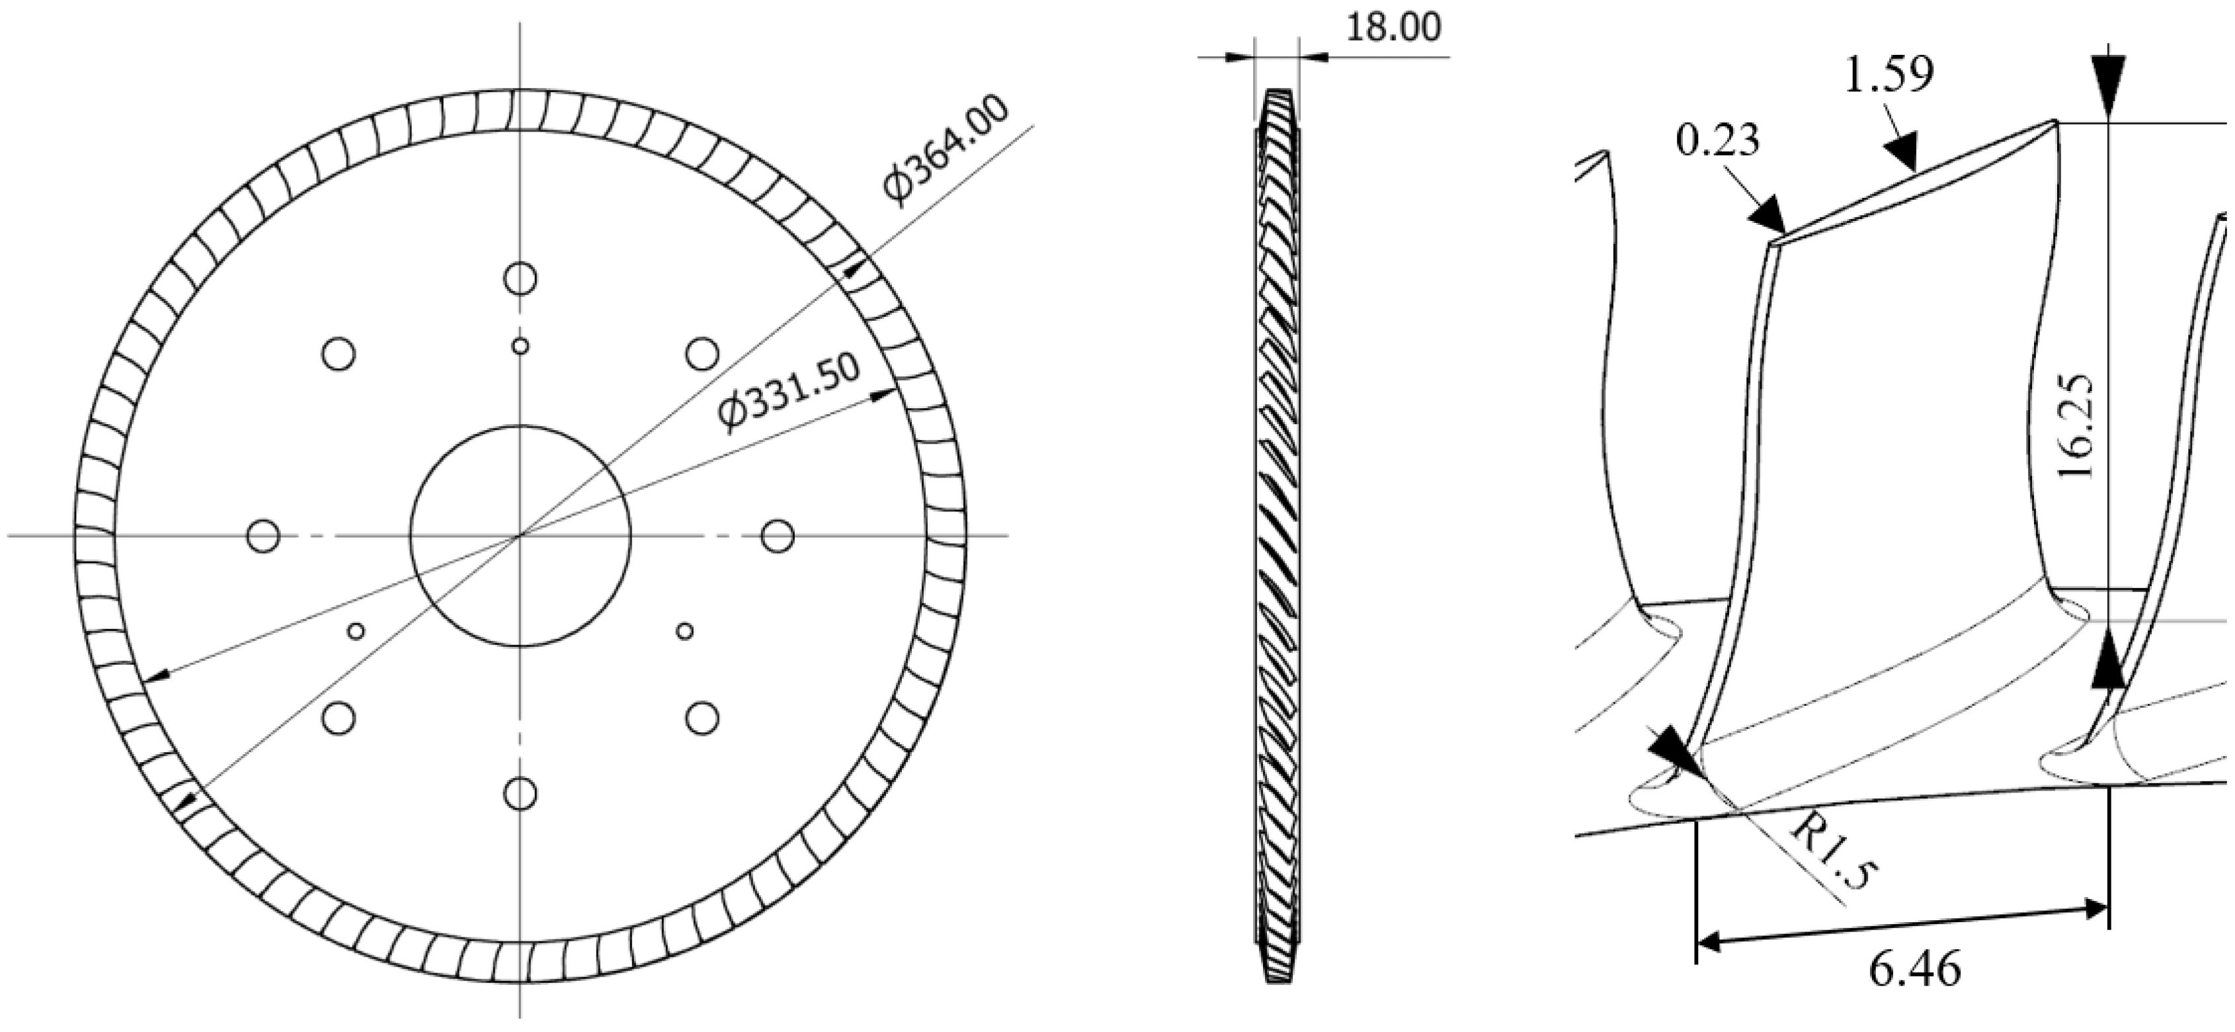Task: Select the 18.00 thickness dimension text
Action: tap(1393, 28)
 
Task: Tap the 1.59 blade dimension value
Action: tap(1888, 76)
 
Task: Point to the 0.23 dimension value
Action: tap(1717, 140)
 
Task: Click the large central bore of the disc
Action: tap(520, 536)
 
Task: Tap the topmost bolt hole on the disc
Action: tap(520, 279)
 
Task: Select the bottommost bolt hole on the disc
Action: tap(520, 793)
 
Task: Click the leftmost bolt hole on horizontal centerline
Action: tap(263, 536)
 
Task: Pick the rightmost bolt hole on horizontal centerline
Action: tap(778, 536)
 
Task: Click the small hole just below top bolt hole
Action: tap(520, 346)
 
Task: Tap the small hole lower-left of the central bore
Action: tap(356, 631)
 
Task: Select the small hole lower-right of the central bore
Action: tap(684, 631)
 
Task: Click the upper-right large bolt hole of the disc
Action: tap(701, 354)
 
